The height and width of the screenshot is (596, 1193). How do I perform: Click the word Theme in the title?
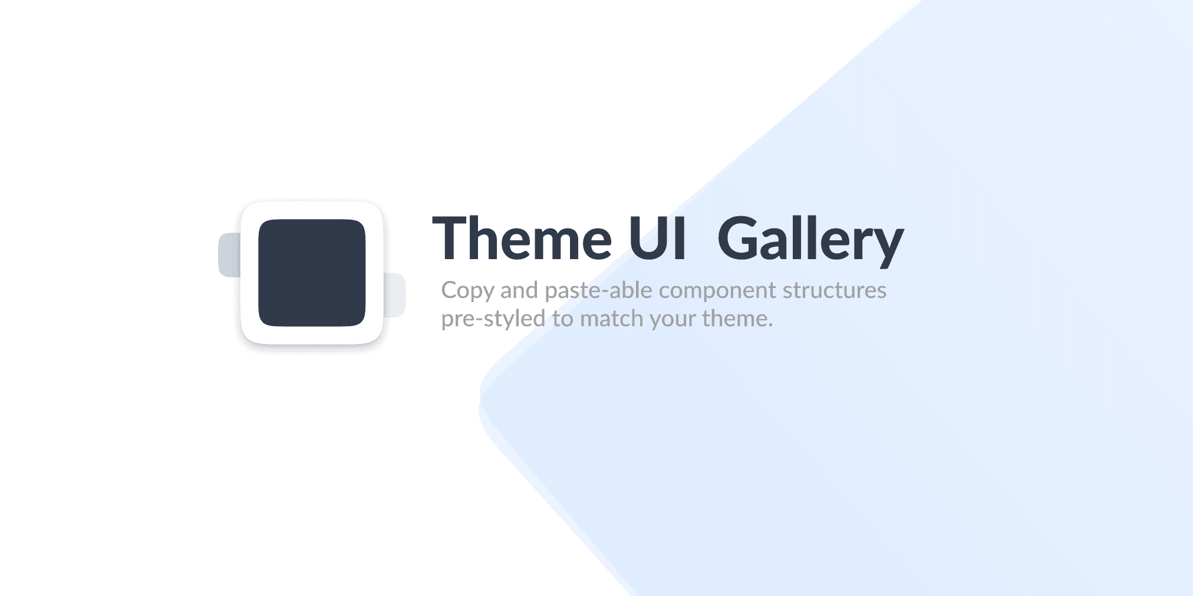click(x=522, y=239)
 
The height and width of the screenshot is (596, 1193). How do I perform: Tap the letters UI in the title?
click(x=657, y=239)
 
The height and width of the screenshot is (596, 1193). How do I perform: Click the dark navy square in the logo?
click(x=312, y=273)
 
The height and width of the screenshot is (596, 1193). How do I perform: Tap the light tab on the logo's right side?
click(x=395, y=294)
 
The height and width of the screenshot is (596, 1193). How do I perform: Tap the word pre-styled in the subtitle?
click(x=493, y=319)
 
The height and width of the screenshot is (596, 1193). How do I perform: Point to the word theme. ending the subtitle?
click(x=737, y=319)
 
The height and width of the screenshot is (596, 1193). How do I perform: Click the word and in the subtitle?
click(x=519, y=290)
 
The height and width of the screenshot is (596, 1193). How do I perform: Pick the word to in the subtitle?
click(x=562, y=319)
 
